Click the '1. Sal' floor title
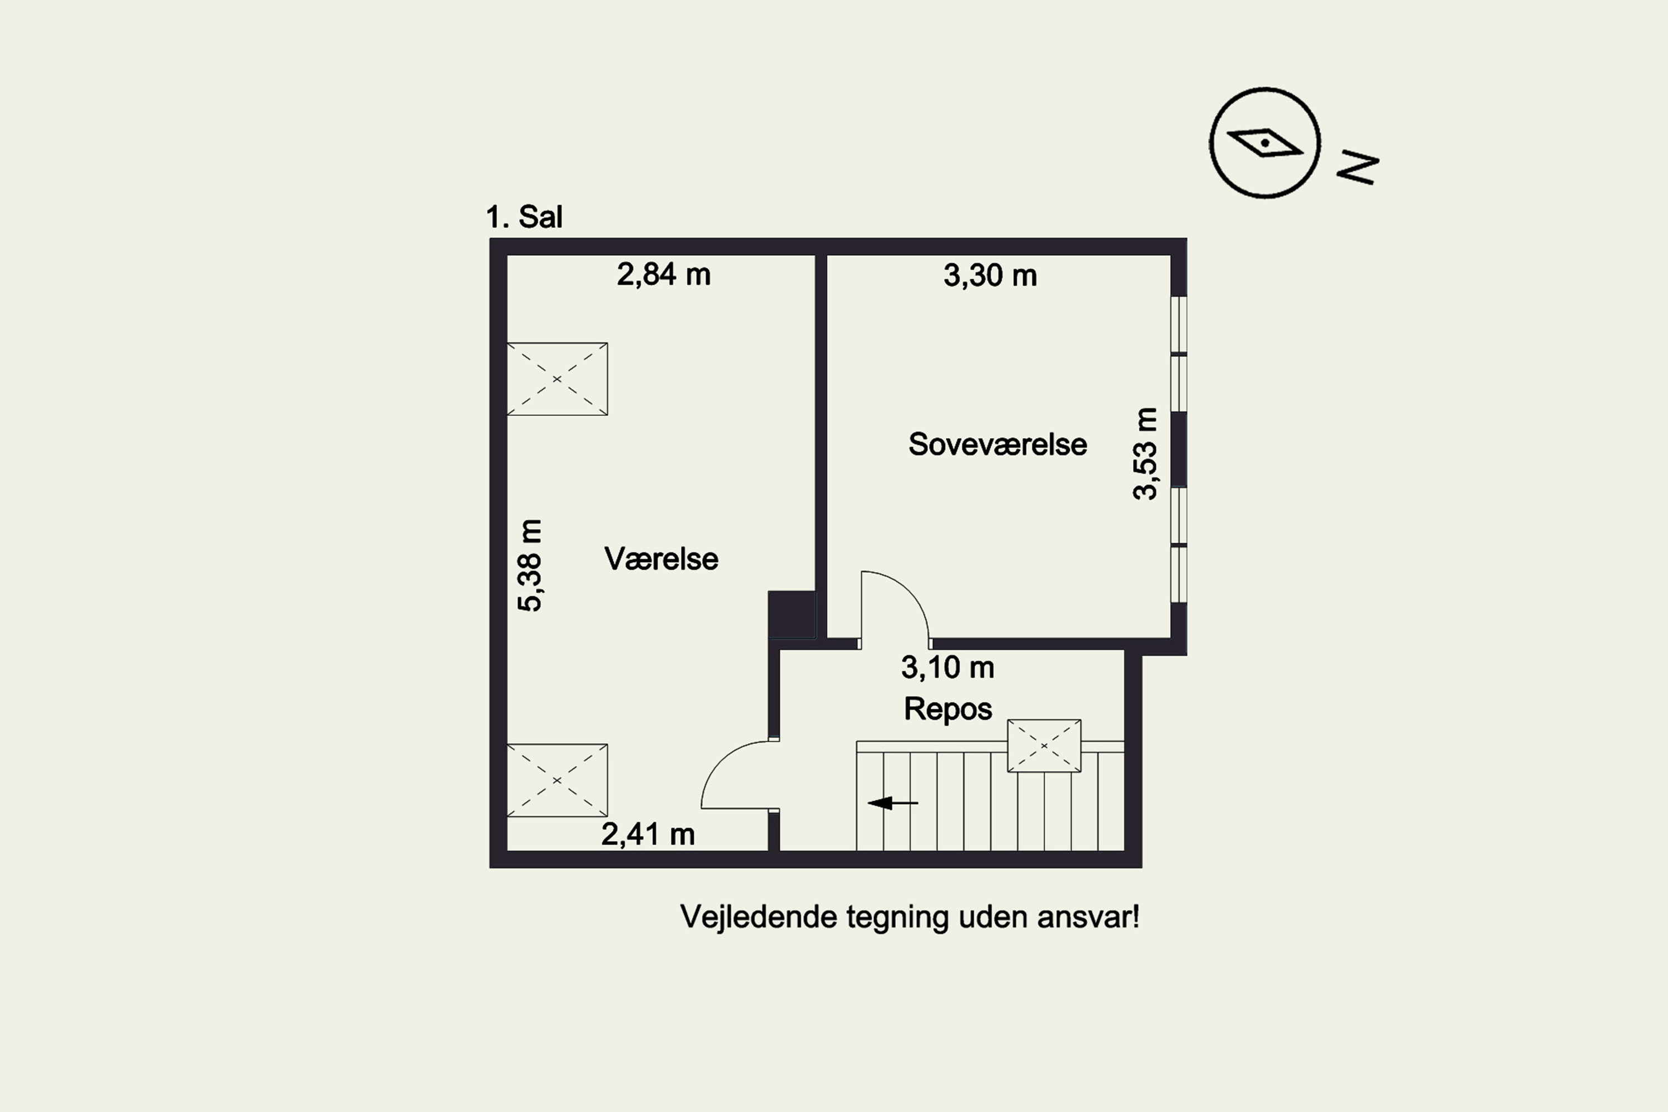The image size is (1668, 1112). [524, 217]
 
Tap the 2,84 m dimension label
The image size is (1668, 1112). [664, 275]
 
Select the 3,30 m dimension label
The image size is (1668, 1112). [990, 275]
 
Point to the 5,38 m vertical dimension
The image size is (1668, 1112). [530, 565]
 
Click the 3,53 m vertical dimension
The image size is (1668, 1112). [1145, 454]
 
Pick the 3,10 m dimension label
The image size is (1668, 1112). [947, 667]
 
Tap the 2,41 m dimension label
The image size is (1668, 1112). [648, 834]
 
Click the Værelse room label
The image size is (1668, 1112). [661, 559]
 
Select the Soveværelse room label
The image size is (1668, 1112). [997, 445]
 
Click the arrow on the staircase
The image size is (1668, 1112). [893, 803]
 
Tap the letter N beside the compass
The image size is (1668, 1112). [1357, 167]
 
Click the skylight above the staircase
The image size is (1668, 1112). [1044, 746]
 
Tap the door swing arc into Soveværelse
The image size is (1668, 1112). [910, 592]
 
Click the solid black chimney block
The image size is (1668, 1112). [791, 615]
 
